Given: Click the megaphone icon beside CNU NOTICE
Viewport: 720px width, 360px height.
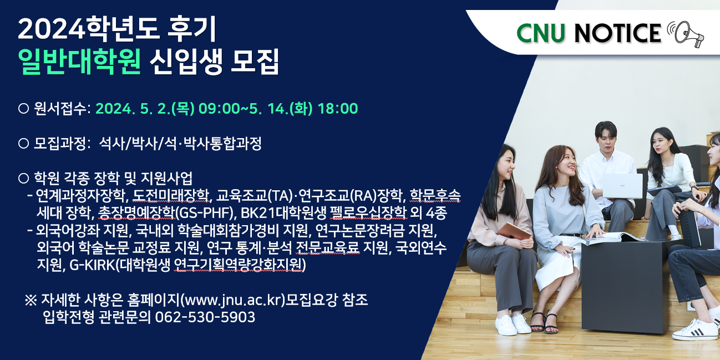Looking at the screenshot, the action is point(685,34).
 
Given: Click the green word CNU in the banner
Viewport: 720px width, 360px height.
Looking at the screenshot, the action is point(541,33).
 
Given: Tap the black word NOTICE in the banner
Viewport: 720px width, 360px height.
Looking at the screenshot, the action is point(617,33).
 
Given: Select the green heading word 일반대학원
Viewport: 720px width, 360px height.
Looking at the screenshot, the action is point(79,62).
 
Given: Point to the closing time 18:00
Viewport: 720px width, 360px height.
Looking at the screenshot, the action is point(337,109).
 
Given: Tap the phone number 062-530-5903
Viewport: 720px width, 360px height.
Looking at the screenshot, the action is point(205,317).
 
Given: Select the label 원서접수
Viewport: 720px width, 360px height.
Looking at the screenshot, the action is point(60,108).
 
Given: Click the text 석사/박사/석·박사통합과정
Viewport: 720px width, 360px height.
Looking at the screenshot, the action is point(180,143).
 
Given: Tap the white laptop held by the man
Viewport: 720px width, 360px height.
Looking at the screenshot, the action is point(622,186).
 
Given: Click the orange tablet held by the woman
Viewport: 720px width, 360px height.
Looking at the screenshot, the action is point(513,231).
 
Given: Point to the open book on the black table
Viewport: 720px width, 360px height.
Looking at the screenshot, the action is point(611,237).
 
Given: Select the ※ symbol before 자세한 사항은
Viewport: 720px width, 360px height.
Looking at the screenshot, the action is point(31,300).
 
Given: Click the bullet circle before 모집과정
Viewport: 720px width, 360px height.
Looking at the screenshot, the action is point(23,143).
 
